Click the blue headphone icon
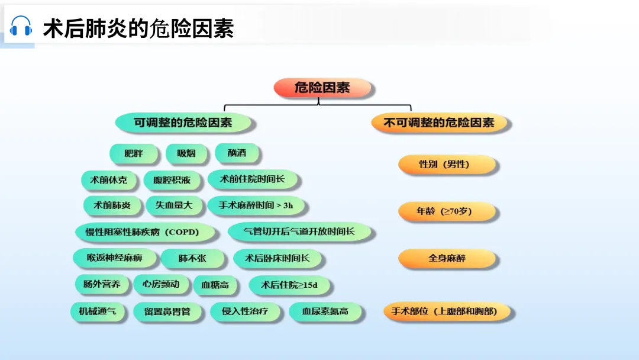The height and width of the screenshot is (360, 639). (21, 27)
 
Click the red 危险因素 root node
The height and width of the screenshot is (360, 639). (322, 88)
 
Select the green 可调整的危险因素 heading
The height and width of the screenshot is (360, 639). (183, 123)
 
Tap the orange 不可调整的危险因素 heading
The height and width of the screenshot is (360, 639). (439, 123)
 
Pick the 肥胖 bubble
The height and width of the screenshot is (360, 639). (134, 154)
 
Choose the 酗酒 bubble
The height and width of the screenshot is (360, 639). (237, 153)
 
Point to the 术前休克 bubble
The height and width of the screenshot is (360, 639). (108, 180)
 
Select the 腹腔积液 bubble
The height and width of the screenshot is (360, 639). (172, 180)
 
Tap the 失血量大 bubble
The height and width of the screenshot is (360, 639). (174, 205)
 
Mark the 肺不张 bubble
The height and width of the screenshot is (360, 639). (192, 259)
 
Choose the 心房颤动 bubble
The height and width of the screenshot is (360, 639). (157, 284)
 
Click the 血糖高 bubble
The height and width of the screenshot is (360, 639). (215, 285)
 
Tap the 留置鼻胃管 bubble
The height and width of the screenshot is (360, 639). (167, 311)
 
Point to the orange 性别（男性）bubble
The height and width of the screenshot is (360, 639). (444, 165)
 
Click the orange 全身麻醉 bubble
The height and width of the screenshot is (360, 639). (447, 259)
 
